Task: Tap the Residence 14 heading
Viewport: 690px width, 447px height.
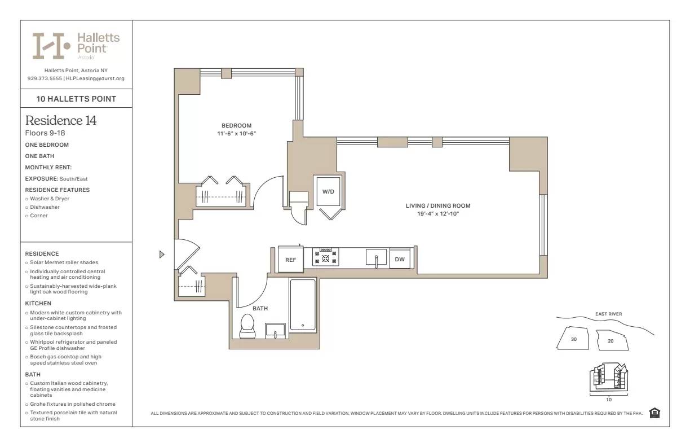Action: coord(61,120)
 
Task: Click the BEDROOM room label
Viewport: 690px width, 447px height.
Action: coord(236,125)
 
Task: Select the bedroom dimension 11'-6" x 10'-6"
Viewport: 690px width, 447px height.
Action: coord(236,134)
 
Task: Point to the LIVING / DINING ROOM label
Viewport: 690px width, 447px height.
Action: coord(437,205)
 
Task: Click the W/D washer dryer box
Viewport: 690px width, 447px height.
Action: coord(328,191)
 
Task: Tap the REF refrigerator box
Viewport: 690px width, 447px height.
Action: coord(290,260)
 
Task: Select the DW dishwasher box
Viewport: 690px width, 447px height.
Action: coord(399,259)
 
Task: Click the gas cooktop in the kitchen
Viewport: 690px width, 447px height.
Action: coord(326,257)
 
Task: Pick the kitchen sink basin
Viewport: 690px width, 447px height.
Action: coord(376,258)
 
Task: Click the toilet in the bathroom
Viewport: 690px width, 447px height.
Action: coord(247,326)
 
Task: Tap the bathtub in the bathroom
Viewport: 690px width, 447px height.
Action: coord(303,305)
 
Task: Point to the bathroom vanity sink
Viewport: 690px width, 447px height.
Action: coord(275,330)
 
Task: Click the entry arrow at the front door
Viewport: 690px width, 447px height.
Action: coord(162,255)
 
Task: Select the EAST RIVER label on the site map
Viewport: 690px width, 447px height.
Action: coord(608,314)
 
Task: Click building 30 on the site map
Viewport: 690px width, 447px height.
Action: coord(573,339)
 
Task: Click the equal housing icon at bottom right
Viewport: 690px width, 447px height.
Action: coord(654,413)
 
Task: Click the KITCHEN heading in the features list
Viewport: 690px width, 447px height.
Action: coord(38,303)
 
